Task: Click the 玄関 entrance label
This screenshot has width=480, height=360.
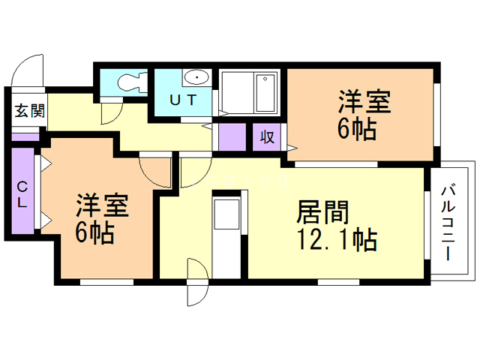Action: (x=30, y=110)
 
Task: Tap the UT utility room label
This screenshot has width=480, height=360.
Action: (x=183, y=100)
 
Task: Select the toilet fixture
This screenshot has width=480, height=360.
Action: (x=133, y=82)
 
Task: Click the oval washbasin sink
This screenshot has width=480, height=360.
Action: (x=196, y=76)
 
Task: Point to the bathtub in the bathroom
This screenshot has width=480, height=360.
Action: (x=265, y=93)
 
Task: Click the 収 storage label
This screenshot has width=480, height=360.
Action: (x=267, y=136)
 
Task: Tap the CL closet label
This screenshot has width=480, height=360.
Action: (x=22, y=194)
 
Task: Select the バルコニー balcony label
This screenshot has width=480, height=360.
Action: (x=448, y=223)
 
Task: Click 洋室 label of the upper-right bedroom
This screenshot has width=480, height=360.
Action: (x=364, y=101)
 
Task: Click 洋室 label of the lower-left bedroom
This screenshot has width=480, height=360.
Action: (x=103, y=205)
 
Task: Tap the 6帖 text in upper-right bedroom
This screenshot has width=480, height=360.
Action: (x=357, y=129)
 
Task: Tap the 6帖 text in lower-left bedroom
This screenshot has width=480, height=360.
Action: (x=95, y=232)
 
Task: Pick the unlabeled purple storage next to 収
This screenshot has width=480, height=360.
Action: (x=232, y=136)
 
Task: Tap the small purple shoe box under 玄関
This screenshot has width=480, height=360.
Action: (x=25, y=136)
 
